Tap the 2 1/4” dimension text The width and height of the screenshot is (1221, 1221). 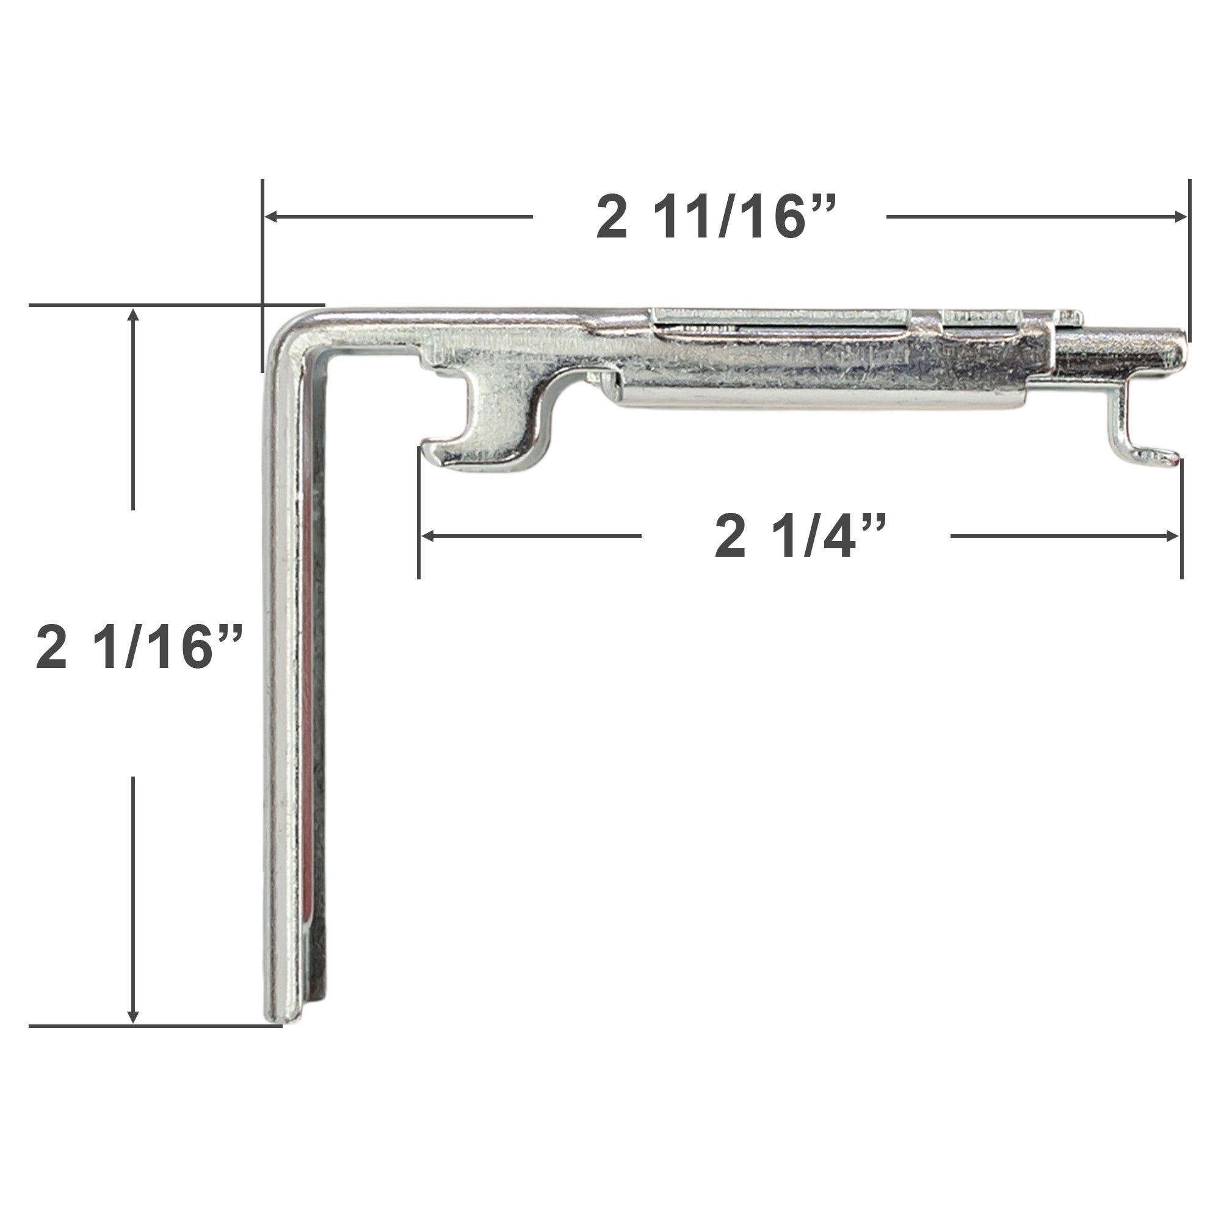[x=800, y=537]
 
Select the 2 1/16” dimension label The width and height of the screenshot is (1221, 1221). [x=140, y=647]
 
